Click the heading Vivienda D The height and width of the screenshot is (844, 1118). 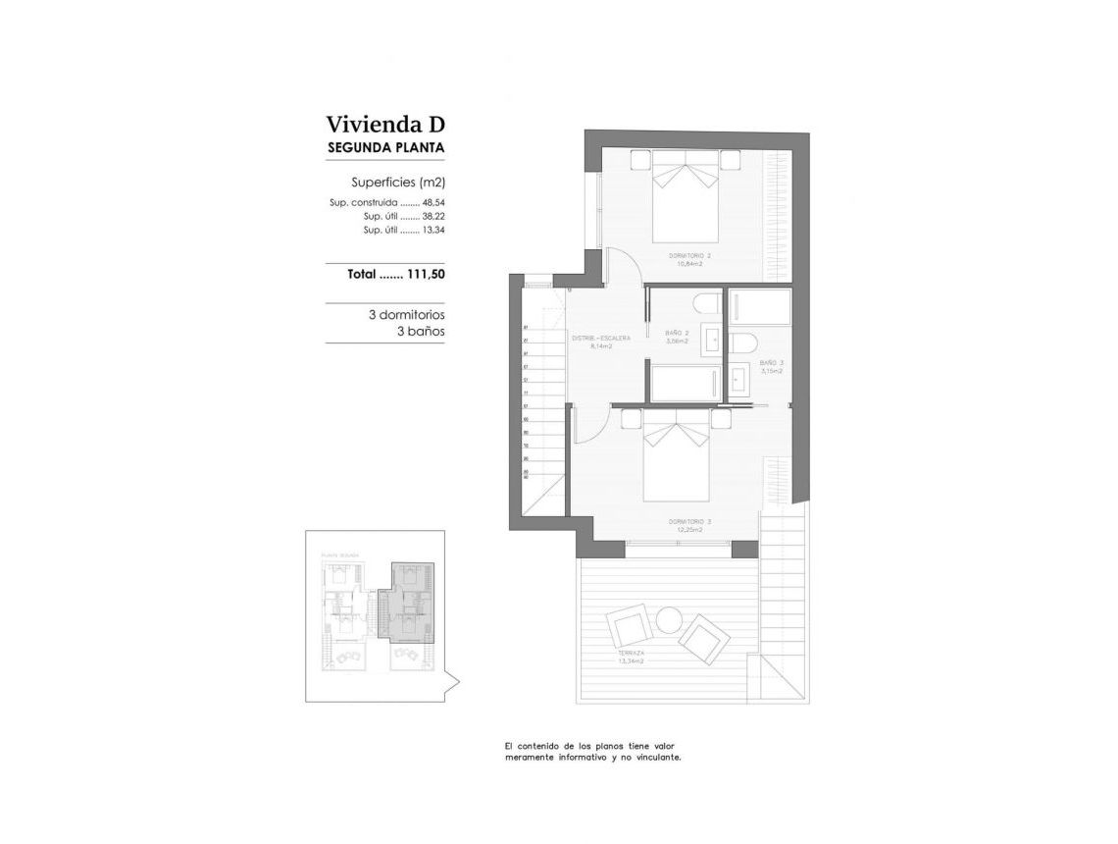(x=385, y=125)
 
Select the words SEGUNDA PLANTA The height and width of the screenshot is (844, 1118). (x=385, y=148)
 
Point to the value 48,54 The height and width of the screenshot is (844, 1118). (x=433, y=202)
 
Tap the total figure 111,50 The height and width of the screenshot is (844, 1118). (x=426, y=275)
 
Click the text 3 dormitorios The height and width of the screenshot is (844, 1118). (x=406, y=316)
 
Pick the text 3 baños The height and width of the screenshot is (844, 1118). (x=420, y=332)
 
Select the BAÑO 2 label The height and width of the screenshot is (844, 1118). (x=677, y=334)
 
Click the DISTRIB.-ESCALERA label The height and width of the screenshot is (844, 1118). (x=601, y=339)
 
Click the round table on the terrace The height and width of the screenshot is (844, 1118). (x=669, y=620)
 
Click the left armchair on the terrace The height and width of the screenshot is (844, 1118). (x=627, y=625)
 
